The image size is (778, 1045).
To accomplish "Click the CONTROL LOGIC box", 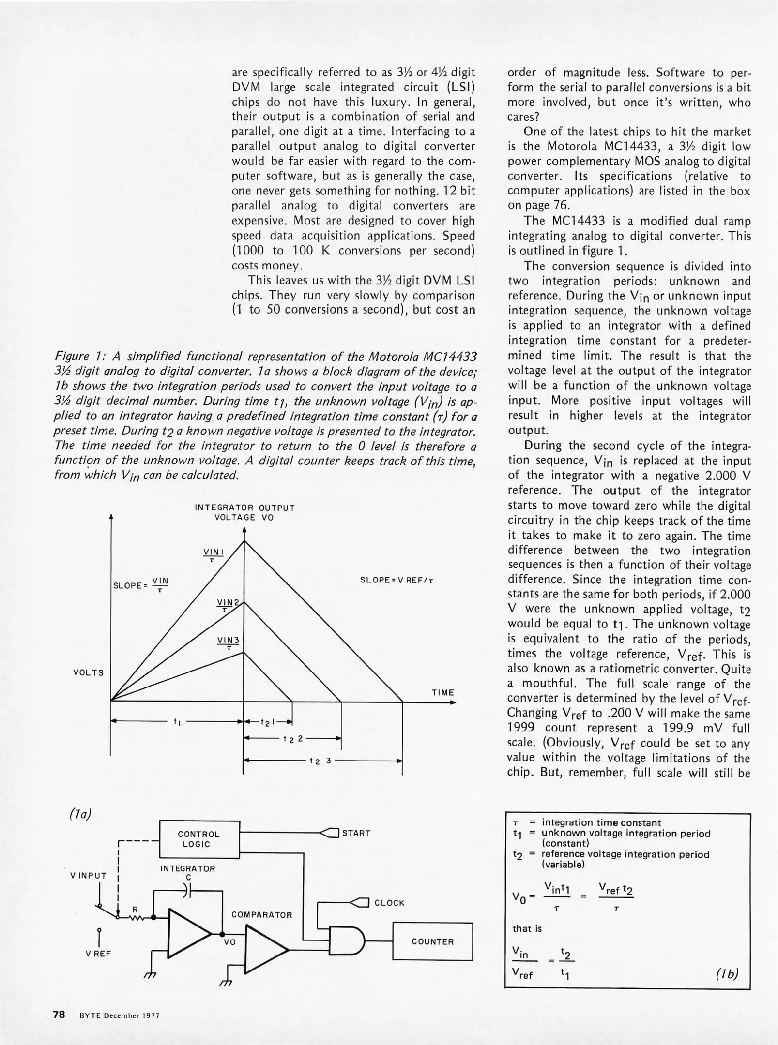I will tap(199, 839).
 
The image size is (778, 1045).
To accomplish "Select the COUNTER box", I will tap(432, 942).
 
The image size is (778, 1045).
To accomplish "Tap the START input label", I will tap(356, 833).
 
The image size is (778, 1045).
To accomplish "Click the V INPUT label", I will tap(88, 875).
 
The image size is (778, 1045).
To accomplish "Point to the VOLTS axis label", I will tap(89, 672).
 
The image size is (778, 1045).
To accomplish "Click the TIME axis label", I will tap(442, 692).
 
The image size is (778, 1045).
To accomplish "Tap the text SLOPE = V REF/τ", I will tap(396, 580).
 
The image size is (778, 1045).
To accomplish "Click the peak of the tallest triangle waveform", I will tap(244, 540).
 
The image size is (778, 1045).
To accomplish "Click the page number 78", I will tap(59, 1014).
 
